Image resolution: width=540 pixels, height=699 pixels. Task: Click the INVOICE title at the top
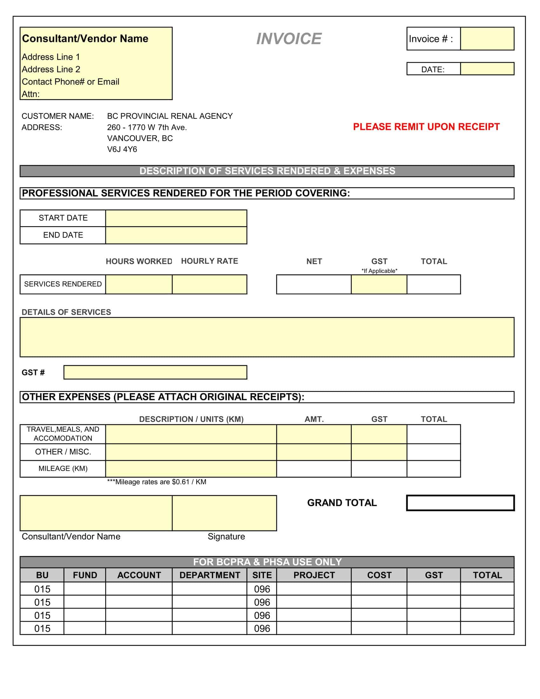[x=289, y=39]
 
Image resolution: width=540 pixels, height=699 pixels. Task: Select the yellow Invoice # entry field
[x=487, y=39]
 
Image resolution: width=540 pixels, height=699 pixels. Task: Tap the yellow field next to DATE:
[x=487, y=69]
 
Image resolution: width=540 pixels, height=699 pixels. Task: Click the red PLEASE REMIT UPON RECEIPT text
[x=426, y=127]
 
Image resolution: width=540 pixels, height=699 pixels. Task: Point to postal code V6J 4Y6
[x=122, y=149]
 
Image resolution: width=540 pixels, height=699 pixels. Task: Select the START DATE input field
[x=176, y=218]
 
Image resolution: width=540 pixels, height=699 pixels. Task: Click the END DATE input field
[x=176, y=235]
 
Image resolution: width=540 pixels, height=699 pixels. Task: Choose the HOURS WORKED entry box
[x=138, y=284]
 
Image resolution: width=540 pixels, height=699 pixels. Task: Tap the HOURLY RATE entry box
[x=209, y=284]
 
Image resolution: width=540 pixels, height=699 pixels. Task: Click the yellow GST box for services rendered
[x=379, y=284]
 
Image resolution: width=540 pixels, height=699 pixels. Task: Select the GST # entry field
[x=155, y=372]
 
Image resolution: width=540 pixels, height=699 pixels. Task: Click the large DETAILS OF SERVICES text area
[x=267, y=337]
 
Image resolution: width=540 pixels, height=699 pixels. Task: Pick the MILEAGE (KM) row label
[x=63, y=468]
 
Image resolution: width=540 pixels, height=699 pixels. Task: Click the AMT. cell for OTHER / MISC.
[x=314, y=452]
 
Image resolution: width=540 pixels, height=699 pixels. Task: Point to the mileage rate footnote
[x=157, y=482]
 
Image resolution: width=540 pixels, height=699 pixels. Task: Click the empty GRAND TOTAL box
[x=460, y=503]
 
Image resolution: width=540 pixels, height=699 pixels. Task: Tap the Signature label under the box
[x=226, y=536]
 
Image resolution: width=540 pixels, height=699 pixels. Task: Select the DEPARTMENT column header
[x=209, y=575]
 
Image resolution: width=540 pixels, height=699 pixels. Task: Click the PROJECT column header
[x=314, y=575]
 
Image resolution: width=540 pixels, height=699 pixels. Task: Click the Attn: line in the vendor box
[x=31, y=94]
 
